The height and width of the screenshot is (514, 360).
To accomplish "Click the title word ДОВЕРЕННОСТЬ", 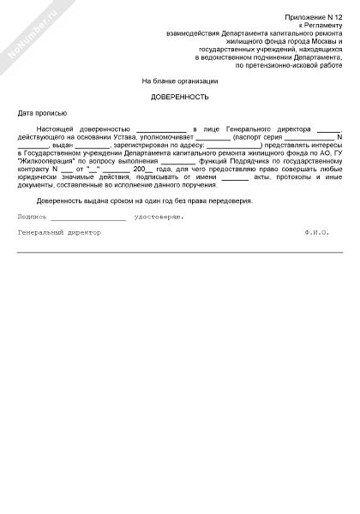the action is (180, 98).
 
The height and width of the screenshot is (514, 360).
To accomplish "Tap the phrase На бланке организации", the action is (180, 81).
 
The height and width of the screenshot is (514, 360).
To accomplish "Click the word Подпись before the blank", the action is (33, 217).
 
